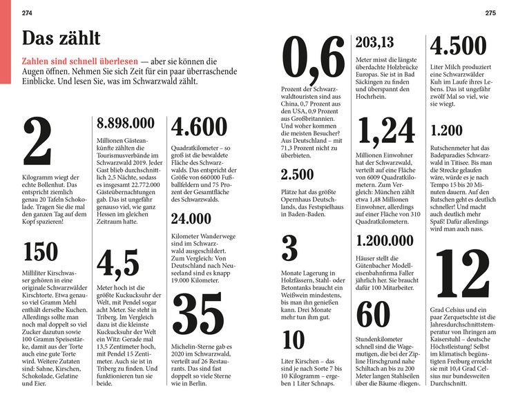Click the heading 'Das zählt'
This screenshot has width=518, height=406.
61,38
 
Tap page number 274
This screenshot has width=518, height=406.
28,13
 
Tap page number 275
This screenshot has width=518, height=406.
490,13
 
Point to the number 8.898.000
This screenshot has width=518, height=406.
126,123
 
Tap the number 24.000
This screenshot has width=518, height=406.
191,219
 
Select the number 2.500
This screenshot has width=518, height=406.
298,175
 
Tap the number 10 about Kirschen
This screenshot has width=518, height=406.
294,340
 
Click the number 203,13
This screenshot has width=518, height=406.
375,42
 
